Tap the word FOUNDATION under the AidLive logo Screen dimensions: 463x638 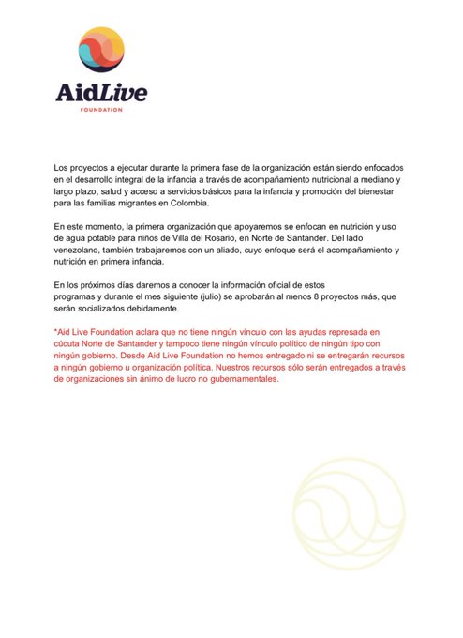tap(102, 109)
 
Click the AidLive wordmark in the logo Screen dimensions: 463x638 tap(102, 94)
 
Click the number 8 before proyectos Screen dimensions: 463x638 tap(337, 296)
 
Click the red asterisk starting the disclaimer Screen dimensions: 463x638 tap(55, 332)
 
